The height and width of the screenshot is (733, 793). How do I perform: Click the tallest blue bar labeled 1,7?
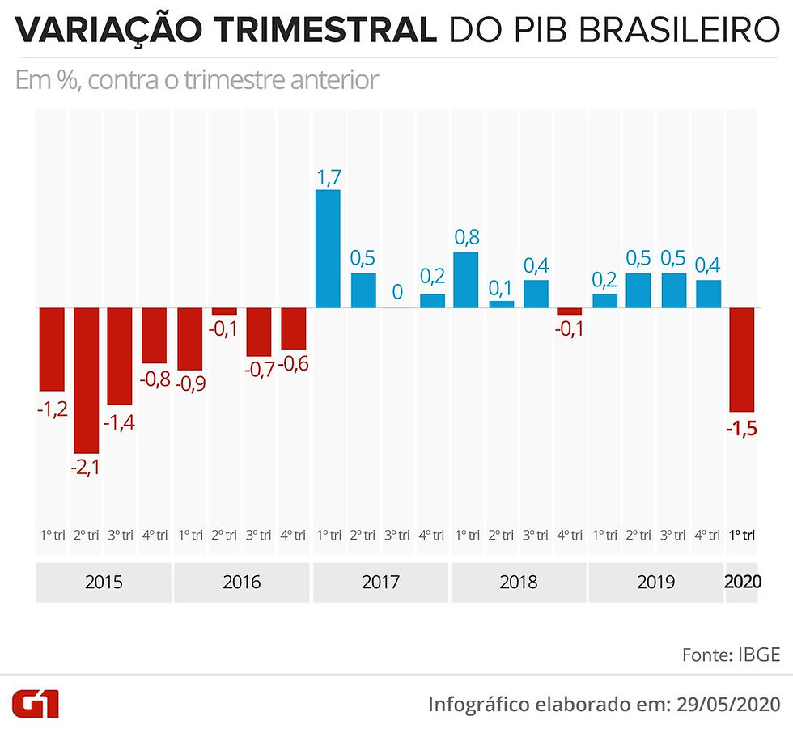coord(328,248)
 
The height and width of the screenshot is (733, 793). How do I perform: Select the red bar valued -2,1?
coord(87,380)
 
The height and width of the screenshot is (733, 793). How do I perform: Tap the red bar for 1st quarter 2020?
coord(741,360)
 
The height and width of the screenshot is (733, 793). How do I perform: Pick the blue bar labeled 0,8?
coord(466,280)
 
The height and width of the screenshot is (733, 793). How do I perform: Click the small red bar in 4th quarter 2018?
coord(570,311)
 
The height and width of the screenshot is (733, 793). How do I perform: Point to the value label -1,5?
coord(741,429)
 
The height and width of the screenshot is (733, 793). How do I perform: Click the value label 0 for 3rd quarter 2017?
coord(397,292)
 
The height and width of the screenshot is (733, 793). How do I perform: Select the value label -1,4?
coord(120,422)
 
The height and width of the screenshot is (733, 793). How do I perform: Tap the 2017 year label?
coord(380,583)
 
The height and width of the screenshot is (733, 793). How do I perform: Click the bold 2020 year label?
coord(743,582)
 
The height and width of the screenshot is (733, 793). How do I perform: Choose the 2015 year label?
coord(104,583)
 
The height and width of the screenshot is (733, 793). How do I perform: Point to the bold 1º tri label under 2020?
coord(742,535)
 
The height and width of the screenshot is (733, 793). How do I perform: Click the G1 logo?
coord(36,703)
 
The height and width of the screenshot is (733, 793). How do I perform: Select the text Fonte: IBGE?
coord(732,655)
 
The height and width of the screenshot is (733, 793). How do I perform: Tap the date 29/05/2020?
coord(729,704)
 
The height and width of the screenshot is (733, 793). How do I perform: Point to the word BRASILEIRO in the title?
coord(679,30)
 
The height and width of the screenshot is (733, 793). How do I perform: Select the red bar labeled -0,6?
coord(293,328)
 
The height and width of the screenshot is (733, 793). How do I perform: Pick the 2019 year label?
coord(656,583)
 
